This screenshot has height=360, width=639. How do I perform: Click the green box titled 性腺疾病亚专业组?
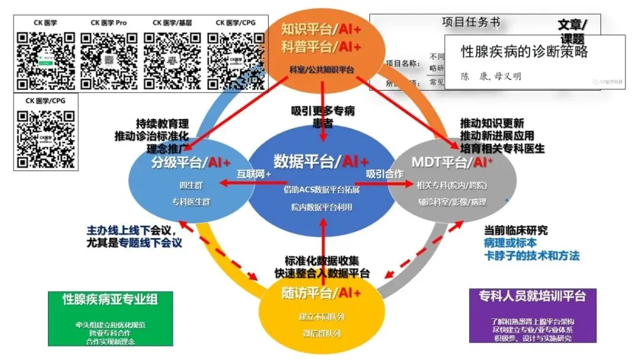[111, 318]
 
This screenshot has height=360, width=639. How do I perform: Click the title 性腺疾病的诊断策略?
[524, 52]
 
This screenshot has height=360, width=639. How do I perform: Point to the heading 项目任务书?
[470, 22]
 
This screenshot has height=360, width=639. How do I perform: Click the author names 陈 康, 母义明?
[491, 76]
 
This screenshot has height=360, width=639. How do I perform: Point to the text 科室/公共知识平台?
[321, 70]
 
